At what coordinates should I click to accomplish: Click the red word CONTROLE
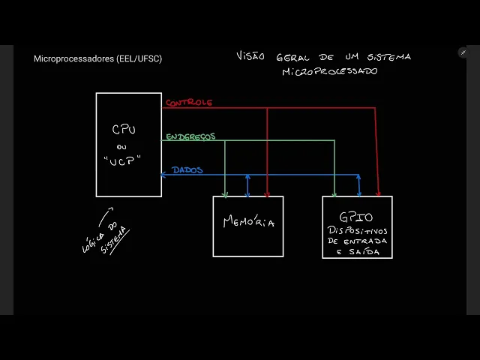click(x=188, y=103)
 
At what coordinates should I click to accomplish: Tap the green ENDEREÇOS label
click(x=190, y=136)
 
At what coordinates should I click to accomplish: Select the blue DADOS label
click(x=187, y=170)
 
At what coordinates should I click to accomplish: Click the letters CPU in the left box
click(x=124, y=130)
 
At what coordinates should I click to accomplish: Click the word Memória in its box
click(x=248, y=222)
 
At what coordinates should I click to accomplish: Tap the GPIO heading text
click(x=356, y=217)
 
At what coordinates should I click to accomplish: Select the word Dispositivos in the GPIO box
click(x=357, y=230)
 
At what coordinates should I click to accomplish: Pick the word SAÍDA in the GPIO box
click(x=364, y=252)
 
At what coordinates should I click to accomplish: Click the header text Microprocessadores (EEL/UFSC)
click(x=97, y=58)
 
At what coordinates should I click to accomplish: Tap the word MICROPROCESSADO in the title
click(x=329, y=71)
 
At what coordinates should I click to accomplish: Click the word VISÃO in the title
click(x=250, y=56)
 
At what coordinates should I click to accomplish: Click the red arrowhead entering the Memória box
click(x=267, y=193)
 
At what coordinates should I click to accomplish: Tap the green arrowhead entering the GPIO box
click(x=334, y=193)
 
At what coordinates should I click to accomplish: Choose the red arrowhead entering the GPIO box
click(x=378, y=193)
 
